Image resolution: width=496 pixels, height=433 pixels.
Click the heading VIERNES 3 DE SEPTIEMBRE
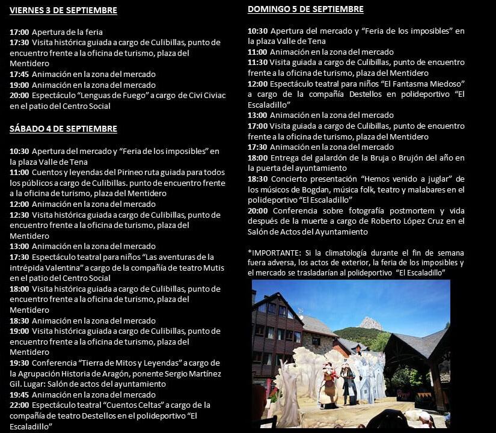pos(63,11)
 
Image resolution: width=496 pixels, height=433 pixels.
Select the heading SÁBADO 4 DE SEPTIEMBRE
pos(63,129)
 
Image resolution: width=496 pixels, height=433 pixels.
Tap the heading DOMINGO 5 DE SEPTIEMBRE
pos(305,10)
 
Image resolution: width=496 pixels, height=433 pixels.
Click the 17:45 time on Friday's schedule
pos(19,74)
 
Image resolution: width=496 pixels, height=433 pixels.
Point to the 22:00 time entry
pos(19,405)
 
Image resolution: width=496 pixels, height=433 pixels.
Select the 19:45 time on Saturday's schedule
pos(19,395)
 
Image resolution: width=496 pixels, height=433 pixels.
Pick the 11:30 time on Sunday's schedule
pos(257,63)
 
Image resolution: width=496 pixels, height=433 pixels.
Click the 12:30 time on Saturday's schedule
pos(19,215)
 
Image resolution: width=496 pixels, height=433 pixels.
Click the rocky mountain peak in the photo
pos(370,323)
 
